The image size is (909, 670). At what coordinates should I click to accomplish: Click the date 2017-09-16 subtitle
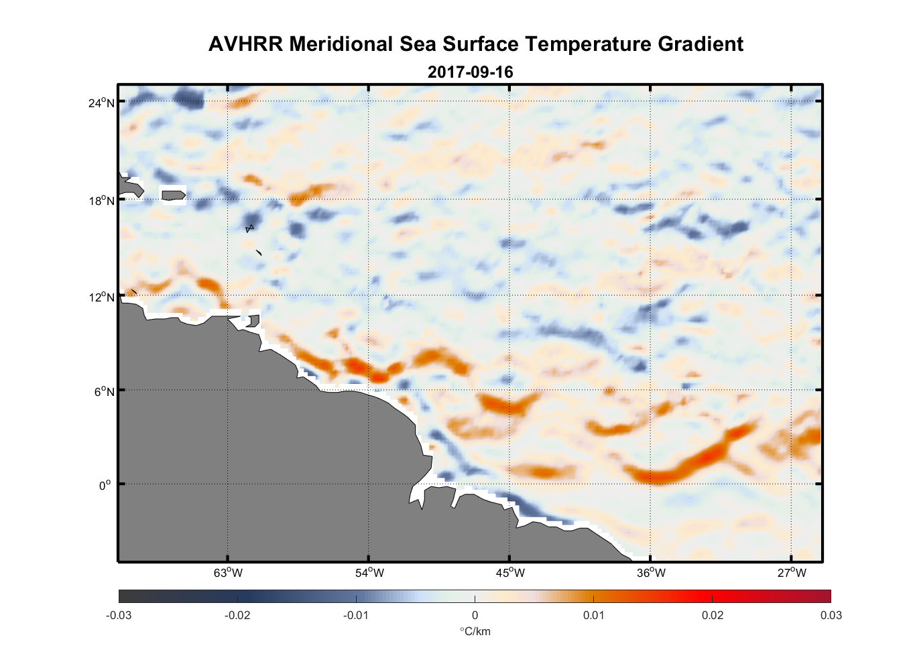tap(470, 72)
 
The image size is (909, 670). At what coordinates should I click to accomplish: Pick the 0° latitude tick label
tap(105, 485)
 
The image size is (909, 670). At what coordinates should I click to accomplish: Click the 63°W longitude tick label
tap(229, 573)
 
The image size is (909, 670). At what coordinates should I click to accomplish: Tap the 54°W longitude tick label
tap(369, 573)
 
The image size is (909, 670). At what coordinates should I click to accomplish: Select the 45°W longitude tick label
tap(510, 573)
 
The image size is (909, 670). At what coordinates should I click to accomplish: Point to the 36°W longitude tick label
tap(651, 573)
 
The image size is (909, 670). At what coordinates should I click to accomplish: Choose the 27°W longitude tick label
tap(792, 573)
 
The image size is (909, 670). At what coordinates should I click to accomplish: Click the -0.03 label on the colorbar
tap(119, 615)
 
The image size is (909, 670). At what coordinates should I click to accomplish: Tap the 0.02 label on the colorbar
tap(712, 615)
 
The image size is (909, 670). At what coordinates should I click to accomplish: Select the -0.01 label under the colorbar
tap(355, 615)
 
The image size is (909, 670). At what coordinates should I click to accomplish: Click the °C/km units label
tap(475, 631)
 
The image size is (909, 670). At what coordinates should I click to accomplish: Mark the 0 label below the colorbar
tap(475, 615)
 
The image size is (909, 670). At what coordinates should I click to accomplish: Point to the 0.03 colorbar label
tap(831, 615)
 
